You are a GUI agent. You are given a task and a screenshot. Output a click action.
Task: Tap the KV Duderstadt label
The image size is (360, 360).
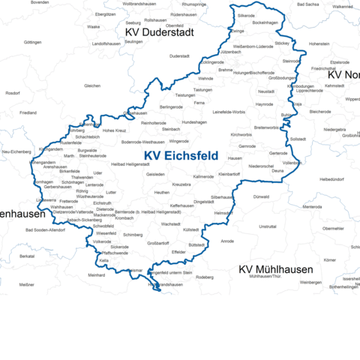pos(159,33)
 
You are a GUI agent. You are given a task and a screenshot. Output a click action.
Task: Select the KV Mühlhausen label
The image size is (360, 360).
pos(275,268)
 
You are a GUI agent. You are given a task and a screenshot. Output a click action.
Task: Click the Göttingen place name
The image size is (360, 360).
pos(33,42)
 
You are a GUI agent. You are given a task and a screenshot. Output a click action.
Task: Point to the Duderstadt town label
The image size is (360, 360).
pos(180,56)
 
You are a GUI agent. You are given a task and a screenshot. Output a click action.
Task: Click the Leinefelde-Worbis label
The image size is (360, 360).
pos(229,112)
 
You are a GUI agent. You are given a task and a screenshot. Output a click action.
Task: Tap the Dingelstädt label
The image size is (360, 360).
pos(204,202)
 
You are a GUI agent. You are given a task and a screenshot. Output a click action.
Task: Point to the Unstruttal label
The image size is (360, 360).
pos(267,226)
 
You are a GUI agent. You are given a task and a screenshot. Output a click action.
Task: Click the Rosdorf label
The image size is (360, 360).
pos(12,93)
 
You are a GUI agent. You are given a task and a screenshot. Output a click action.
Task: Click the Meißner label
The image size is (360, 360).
pos(27,285)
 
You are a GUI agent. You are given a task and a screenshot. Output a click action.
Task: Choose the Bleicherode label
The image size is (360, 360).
pos(321,112)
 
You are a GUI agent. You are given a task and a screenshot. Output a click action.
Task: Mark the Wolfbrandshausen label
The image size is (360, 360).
pos(139,4)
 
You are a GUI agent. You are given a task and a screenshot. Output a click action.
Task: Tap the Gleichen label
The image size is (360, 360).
pos(92,85)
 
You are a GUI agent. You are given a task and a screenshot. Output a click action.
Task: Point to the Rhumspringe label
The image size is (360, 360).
pos(193,4)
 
